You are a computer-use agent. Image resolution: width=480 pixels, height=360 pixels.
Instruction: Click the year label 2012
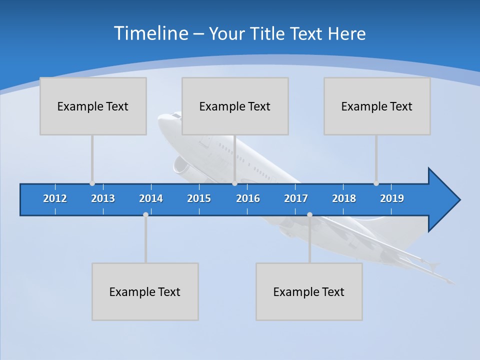click(x=55, y=198)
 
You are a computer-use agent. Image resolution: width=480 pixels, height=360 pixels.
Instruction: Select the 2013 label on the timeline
click(x=103, y=198)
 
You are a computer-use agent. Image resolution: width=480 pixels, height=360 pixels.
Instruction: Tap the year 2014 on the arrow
click(x=151, y=198)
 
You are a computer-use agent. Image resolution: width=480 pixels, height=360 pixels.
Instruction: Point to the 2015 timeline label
click(x=199, y=198)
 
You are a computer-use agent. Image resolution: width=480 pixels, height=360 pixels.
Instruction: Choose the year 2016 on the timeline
click(x=248, y=198)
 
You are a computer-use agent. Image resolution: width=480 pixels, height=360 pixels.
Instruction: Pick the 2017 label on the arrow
click(x=296, y=198)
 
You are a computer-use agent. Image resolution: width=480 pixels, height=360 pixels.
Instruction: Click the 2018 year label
click(x=344, y=198)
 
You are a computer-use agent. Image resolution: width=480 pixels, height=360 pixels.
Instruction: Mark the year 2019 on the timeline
click(x=392, y=198)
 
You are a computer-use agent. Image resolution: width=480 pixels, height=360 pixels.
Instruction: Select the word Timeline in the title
click(x=151, y=33)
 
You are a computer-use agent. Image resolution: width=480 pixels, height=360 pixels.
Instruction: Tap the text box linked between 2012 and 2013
click(x=93, y=106)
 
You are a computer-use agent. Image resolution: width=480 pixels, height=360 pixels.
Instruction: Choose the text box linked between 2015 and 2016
click(x=235, y=106)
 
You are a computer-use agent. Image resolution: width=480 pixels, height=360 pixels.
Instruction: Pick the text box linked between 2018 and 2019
click(x=377, y=106)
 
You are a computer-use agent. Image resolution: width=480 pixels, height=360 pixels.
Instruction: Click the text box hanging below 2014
click(x=145, y=291)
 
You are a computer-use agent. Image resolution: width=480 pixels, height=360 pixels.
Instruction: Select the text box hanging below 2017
click(x=309, y=291)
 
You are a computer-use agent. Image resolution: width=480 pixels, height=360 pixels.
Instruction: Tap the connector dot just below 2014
click(x=145, y=214)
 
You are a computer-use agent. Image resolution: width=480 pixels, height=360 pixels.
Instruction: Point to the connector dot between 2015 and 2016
click(x=234, y=183)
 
